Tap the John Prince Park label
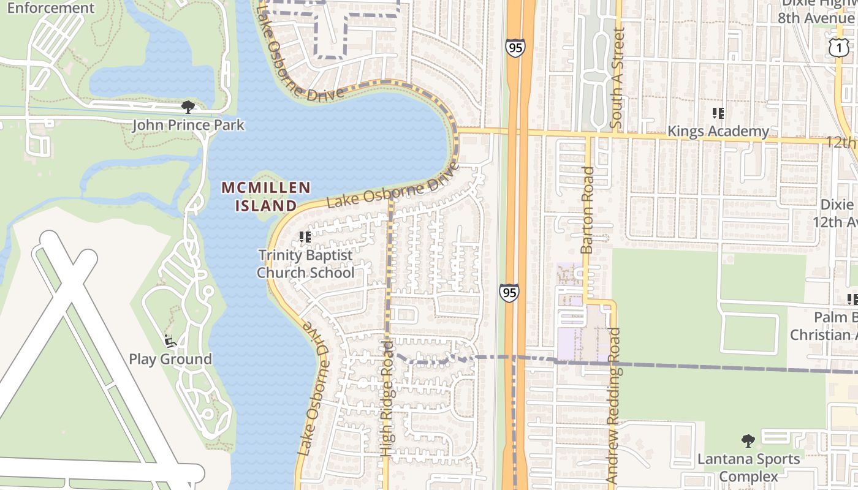188,126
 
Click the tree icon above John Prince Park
188,107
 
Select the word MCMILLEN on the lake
266,187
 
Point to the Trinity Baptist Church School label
305,263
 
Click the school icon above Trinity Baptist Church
305,236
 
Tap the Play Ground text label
170,359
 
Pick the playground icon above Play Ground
170,339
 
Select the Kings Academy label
718,131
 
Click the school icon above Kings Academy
718,113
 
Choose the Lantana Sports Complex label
748,467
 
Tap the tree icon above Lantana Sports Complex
748,440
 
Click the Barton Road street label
587,210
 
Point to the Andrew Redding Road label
614,404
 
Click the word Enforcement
51,8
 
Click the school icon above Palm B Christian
852,299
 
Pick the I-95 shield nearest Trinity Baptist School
509,293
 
